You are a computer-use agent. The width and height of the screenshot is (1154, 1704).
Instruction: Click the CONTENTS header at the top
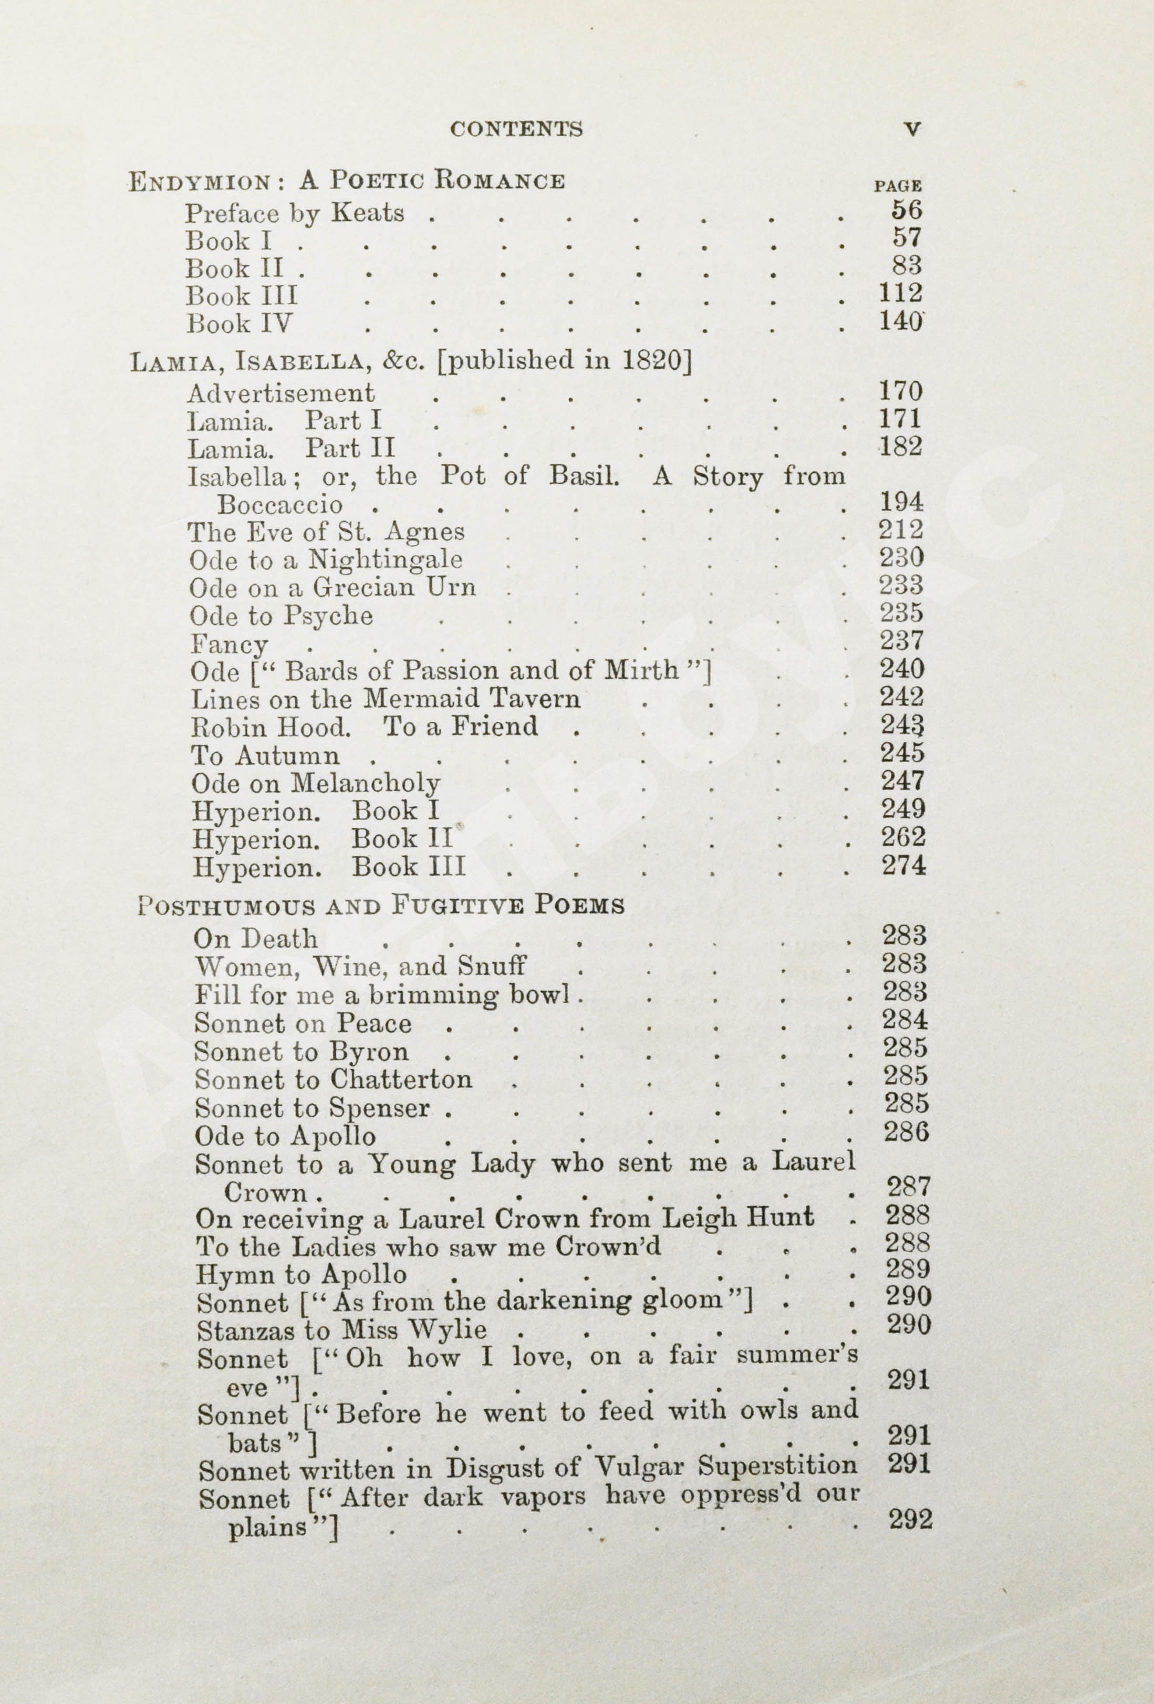pyautogui.click(x=516, y=129)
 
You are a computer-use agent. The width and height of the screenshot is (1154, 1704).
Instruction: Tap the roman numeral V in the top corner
pyautogui.click(x=912, y=129)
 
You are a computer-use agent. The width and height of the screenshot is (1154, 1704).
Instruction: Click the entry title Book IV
pyautogui.click(x=239, y=324)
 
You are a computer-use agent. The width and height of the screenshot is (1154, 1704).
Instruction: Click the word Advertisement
pyautogui.click(x=280, y=394)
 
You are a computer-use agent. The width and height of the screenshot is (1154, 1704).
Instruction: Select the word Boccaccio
pyautogui.click(x=279, y=504)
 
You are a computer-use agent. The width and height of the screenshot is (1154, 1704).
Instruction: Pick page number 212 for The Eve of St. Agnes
pyautogui.click(x=901, y=529)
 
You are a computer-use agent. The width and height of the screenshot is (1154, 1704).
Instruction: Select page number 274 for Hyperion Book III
pyautogui.click(x=904, y=866)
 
